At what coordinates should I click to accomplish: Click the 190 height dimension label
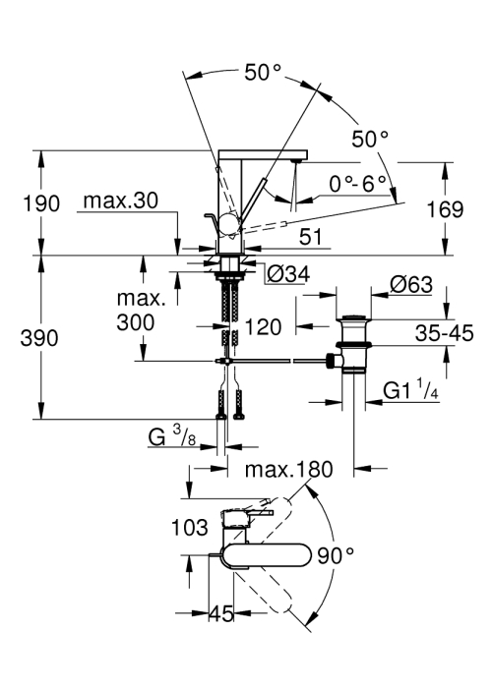(x=41, y=203)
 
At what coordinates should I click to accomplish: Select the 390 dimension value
(x=39, y=338)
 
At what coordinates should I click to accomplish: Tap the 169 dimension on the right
(x=445, y=209)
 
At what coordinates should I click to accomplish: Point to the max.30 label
(x=120, y=201)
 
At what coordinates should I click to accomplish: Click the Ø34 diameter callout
(x=288, y=274)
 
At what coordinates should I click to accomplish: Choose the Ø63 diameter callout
(x=411, y=284)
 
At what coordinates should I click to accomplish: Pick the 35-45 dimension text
(x=445, y=333)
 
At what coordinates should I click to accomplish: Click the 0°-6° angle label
(x=357, y=184)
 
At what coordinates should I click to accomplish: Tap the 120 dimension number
(x=263, y=327)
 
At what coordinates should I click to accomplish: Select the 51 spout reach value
(x=311, y=237)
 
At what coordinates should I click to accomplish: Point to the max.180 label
(x=289, y=470)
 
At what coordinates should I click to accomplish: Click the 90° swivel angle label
(x=337, y=556)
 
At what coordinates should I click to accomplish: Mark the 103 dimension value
(x=189, y=527)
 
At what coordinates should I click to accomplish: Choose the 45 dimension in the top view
(x=221, y=613)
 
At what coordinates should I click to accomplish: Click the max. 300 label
(x=141, y=311)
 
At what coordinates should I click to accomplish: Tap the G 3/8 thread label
(x=172, y=436)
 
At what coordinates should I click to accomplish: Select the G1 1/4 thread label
(x=410, y=389)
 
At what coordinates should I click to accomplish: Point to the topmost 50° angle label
(x=263, y=72)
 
